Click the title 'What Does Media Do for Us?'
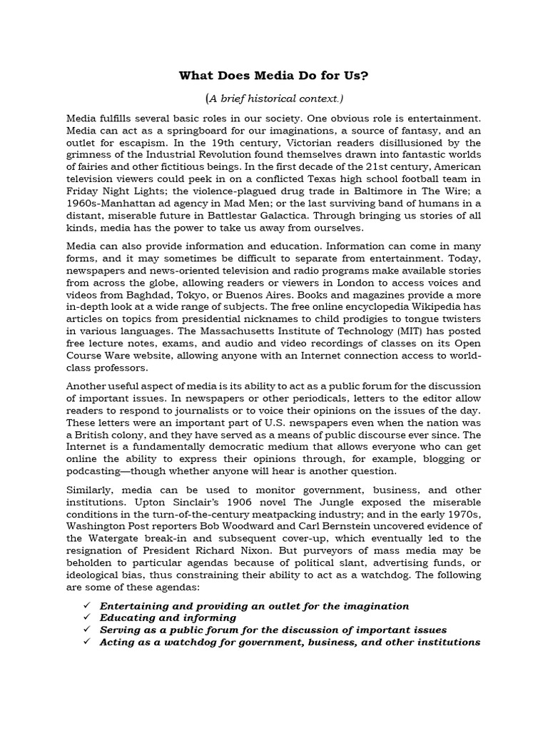[273, 76]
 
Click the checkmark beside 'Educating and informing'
[88, 617]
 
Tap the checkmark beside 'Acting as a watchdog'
[88, 642]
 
